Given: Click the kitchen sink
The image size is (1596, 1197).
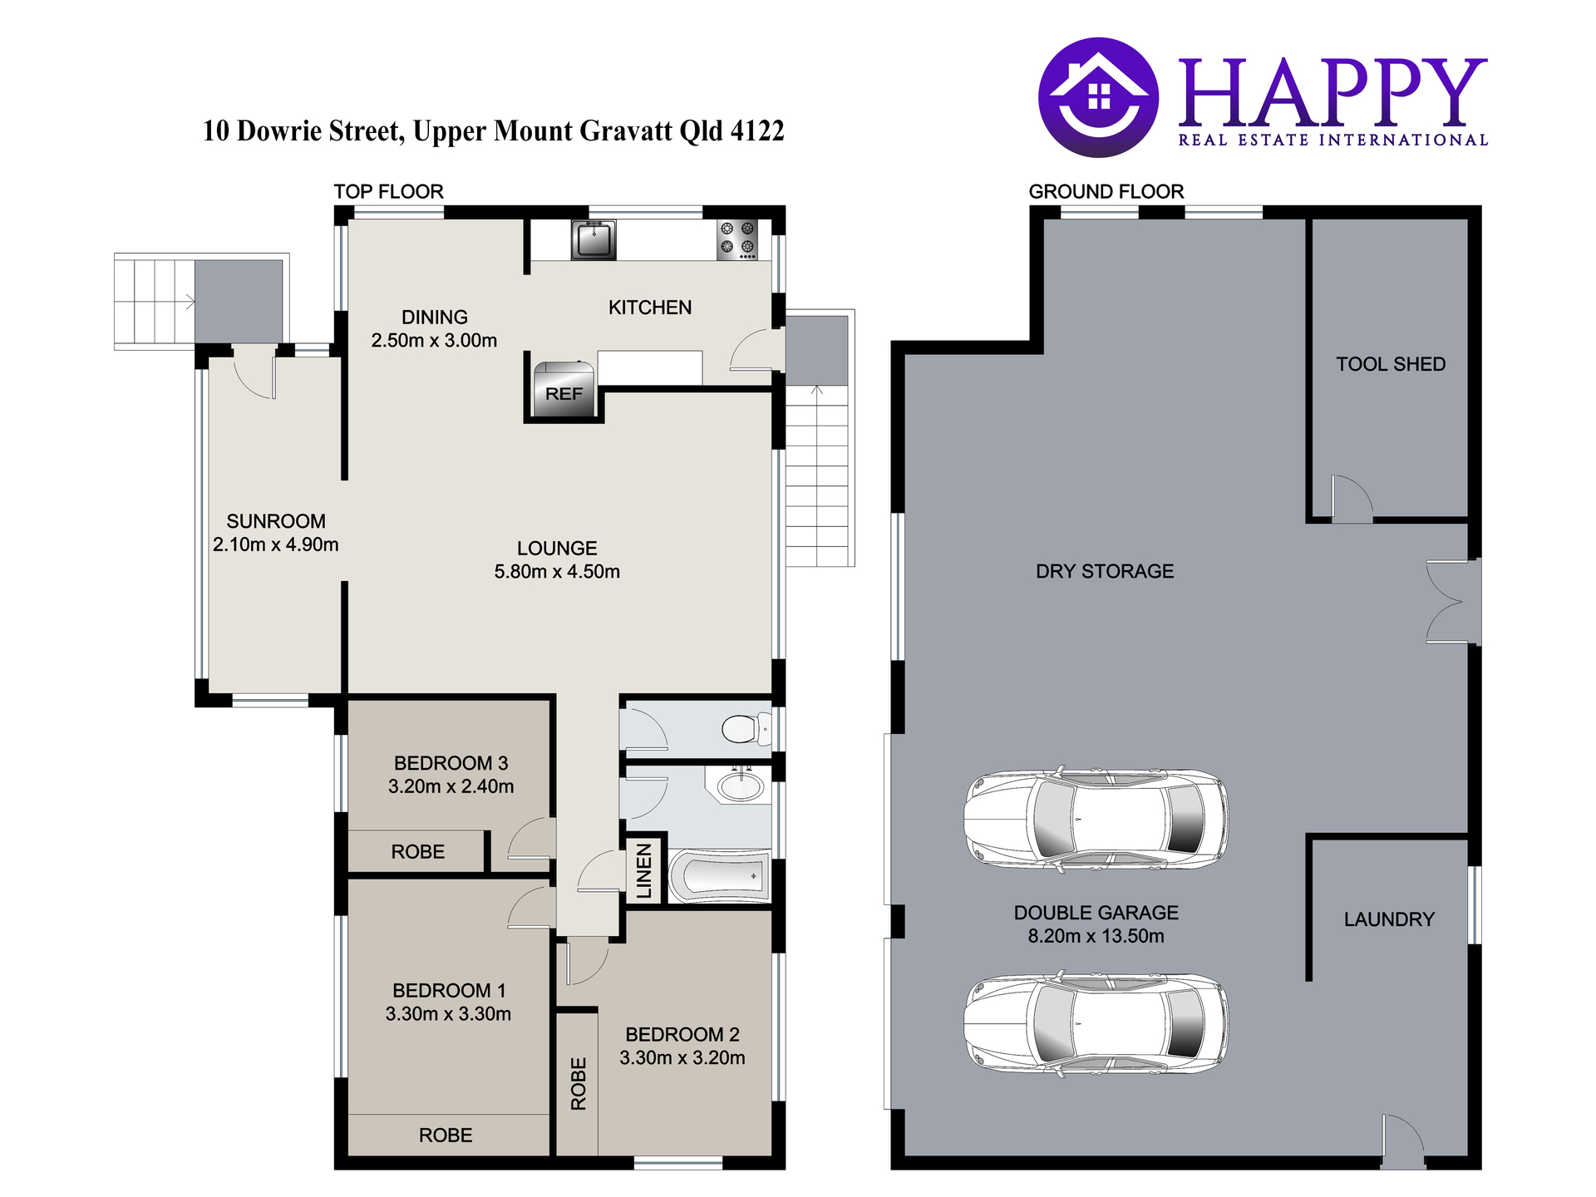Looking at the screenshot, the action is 594,239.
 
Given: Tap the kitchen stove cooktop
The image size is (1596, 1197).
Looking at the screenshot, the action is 737,239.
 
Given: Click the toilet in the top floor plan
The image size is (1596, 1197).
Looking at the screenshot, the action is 746,730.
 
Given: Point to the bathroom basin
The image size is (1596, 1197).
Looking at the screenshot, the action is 739,786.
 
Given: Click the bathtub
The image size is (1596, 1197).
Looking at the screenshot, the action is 720,875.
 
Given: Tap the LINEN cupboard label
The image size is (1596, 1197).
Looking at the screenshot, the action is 644,871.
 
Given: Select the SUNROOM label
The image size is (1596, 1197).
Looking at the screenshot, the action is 276,521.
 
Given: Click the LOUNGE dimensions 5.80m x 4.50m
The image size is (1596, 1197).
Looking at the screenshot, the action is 557,572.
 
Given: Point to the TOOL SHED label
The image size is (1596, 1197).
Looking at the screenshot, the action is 1391,364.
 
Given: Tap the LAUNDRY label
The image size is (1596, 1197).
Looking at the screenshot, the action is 1389,919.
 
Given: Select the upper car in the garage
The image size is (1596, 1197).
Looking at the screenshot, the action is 1096,820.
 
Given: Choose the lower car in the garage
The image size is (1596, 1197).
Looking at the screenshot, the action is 1096,1024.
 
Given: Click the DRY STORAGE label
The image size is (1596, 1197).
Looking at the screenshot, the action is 1105,571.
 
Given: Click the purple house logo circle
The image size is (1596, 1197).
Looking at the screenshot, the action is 1098,97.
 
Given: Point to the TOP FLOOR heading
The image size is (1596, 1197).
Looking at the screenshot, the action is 389,192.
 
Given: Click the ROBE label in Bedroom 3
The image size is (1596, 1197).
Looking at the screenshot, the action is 418,852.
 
